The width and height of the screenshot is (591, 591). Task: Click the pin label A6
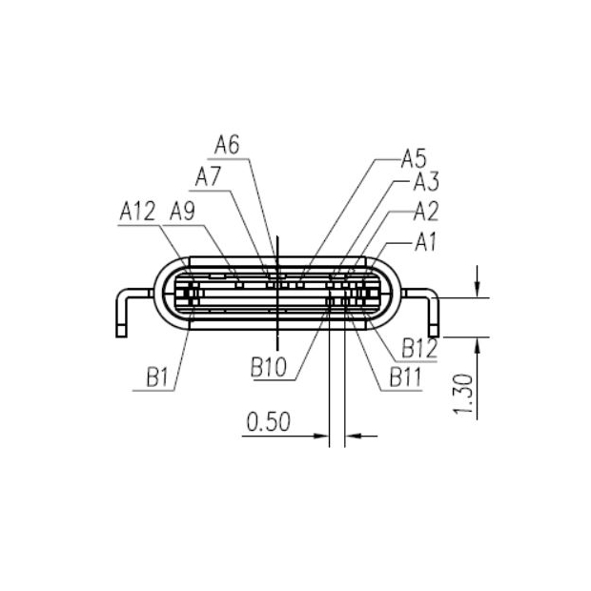[227, 145]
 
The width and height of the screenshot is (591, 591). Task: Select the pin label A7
[208, 176]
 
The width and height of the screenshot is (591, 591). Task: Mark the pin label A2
[425, 212]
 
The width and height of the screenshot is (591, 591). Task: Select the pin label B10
[270, 366]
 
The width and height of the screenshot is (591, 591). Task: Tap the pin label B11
[404, 378]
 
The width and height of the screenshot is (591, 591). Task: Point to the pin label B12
[418, 347]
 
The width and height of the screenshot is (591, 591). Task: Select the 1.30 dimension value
[464, 393]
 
